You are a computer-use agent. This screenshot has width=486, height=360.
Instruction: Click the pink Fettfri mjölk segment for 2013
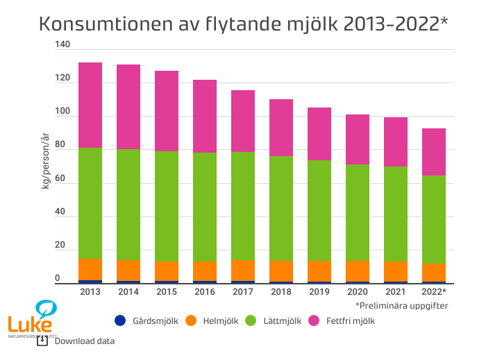[x=90, y=105]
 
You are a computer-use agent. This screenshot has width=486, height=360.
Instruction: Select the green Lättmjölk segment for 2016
[x=205, y=207]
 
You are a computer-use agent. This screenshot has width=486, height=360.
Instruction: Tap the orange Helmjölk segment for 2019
[x=319, y=271]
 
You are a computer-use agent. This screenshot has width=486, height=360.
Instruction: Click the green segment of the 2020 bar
[x=358, y=212]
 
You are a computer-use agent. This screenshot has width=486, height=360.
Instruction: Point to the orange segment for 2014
[x=128, y=271]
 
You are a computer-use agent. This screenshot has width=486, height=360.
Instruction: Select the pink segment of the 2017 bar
[x=243, y=121]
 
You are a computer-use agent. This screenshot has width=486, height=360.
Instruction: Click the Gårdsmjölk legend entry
[x=146, y=320]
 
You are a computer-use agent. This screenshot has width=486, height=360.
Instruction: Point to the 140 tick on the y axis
[x=62, y=44]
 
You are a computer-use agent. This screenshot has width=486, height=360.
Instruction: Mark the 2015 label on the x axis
[x=167, y=292]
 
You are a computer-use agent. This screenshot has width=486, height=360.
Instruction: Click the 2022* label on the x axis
[x=434, y=292]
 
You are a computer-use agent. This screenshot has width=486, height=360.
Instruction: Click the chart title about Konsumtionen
[x=243, y=24]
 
